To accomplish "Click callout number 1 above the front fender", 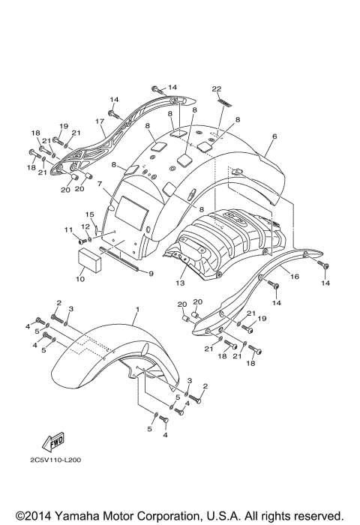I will [x=137, y=309].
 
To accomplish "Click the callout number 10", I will [x=79, y=279].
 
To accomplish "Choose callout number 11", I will [x=67, y=229].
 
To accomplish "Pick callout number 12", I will [x=85, y=226].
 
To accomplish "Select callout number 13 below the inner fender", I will [x=180, y=284].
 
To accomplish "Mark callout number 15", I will [x=88, y=214].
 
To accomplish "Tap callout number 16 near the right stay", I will [x=294, y=277].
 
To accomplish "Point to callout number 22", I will [x=217, y=88].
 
